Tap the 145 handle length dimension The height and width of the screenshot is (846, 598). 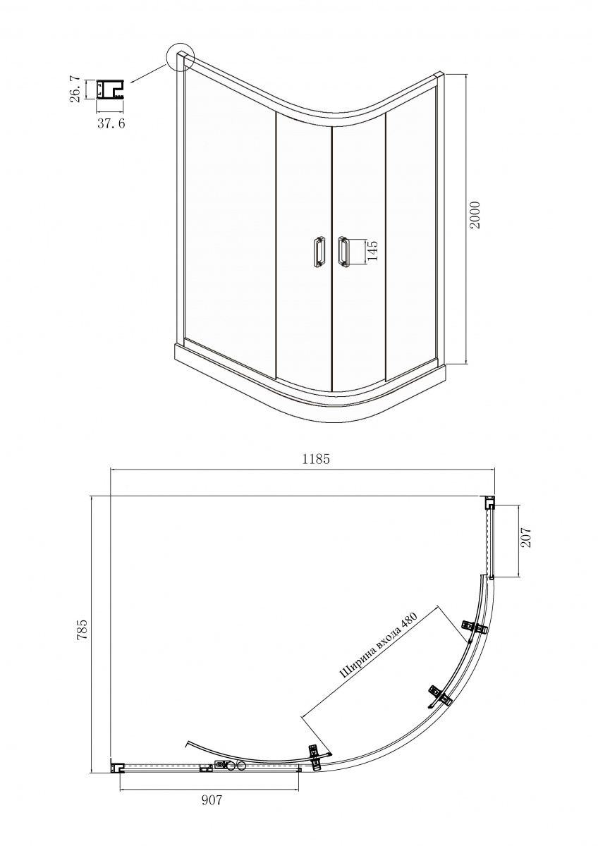pos(372,250)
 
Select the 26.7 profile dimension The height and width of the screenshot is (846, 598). pos(75,89)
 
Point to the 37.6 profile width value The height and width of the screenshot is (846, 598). pos(111,123)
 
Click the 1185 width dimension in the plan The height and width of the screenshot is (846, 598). pos(316,459)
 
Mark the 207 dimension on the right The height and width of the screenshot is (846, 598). pos(526,537)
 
